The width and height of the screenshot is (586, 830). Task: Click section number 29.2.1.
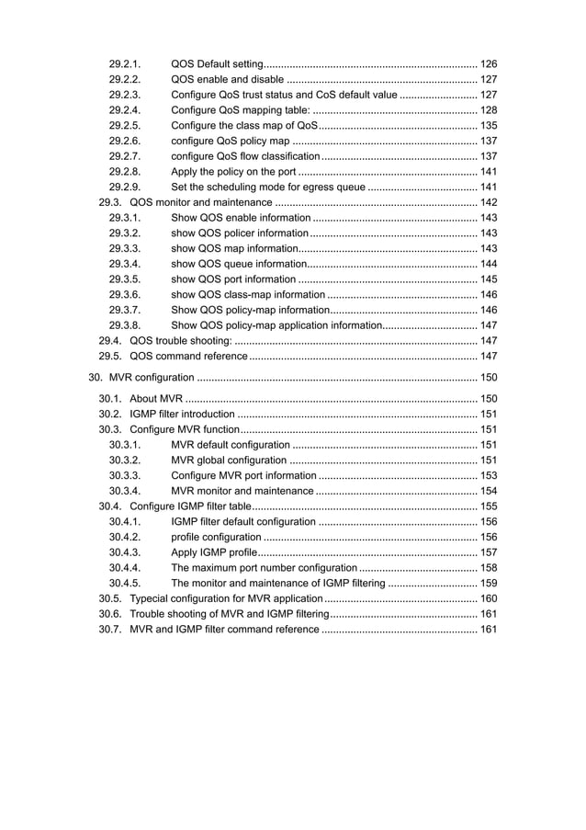click(x=124, y=63)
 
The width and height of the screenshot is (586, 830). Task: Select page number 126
click(x=489, y=63)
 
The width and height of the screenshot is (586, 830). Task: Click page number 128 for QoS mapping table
click(x=489, y=109)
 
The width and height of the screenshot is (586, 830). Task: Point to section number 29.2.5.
click(x=124, y=125)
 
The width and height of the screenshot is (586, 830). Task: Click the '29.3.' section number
click(x=111, y=202)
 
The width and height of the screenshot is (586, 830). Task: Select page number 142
click(x=489, y=202)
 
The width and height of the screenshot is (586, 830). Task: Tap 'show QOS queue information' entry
click(x=239, y=264)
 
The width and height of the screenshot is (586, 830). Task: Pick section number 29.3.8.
click(x=124, y=325)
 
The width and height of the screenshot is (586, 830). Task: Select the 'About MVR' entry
click(x=156, y=399)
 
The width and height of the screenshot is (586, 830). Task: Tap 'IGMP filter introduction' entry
click(x=182, y=415)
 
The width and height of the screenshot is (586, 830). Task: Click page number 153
click(x=489, y=475)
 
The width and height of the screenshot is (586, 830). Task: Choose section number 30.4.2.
click(x=124, y=537)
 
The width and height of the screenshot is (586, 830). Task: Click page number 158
click(x=489, y=568)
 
